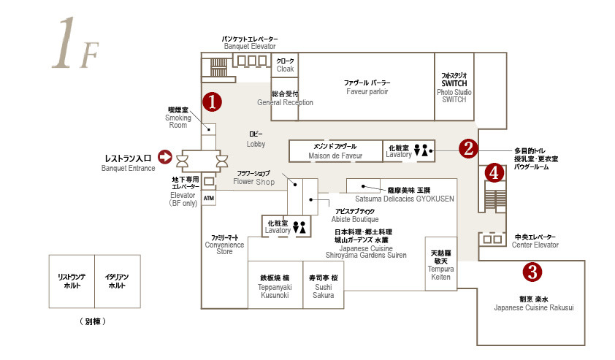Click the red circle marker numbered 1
(x=212, y=102)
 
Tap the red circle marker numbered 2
(x=468, y=148)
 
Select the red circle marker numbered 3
(x=534, y=272)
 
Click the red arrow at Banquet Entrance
(x=164, y=156)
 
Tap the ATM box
(x=209, y=197)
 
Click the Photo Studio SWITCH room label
(x=454, y=87)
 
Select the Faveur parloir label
(x=367, y=87)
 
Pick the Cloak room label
(x=285, y=65)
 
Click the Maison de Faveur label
(x=335, y=151)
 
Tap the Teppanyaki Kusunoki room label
(x=275, y=286)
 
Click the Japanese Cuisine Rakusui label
(x=533, y=303)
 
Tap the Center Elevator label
(x=535, y=241)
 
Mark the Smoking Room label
(x=178, y=117)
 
